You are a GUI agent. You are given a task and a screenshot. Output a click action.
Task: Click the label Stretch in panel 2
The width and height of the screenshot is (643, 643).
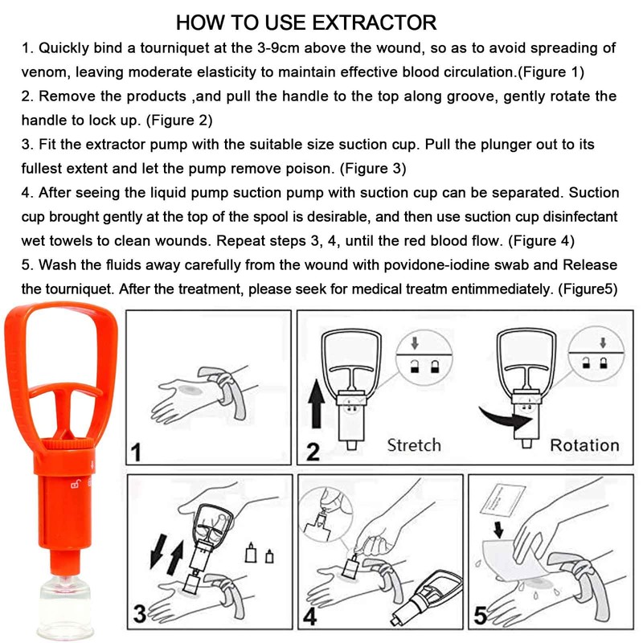(414, 445)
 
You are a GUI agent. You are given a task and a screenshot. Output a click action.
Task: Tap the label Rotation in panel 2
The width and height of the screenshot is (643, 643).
(584, 445)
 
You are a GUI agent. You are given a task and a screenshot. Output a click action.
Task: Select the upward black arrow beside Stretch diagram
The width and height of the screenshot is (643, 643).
(316, 404)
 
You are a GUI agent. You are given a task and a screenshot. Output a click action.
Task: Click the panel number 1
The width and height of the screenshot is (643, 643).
(136, 453)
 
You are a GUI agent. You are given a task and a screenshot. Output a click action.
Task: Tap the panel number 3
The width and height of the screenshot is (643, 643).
(140, 614)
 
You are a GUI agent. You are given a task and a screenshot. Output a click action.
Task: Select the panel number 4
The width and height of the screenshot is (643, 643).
(310, 616)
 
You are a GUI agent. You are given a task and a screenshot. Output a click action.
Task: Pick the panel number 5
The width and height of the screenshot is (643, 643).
(481, 616)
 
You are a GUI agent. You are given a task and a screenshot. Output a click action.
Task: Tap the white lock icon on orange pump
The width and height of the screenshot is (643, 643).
(76, 485)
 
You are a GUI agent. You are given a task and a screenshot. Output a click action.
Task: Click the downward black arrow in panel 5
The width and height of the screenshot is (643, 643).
(498, 530)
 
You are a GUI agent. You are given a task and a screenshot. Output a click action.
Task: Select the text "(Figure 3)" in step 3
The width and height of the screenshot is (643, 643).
(373, 169)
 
